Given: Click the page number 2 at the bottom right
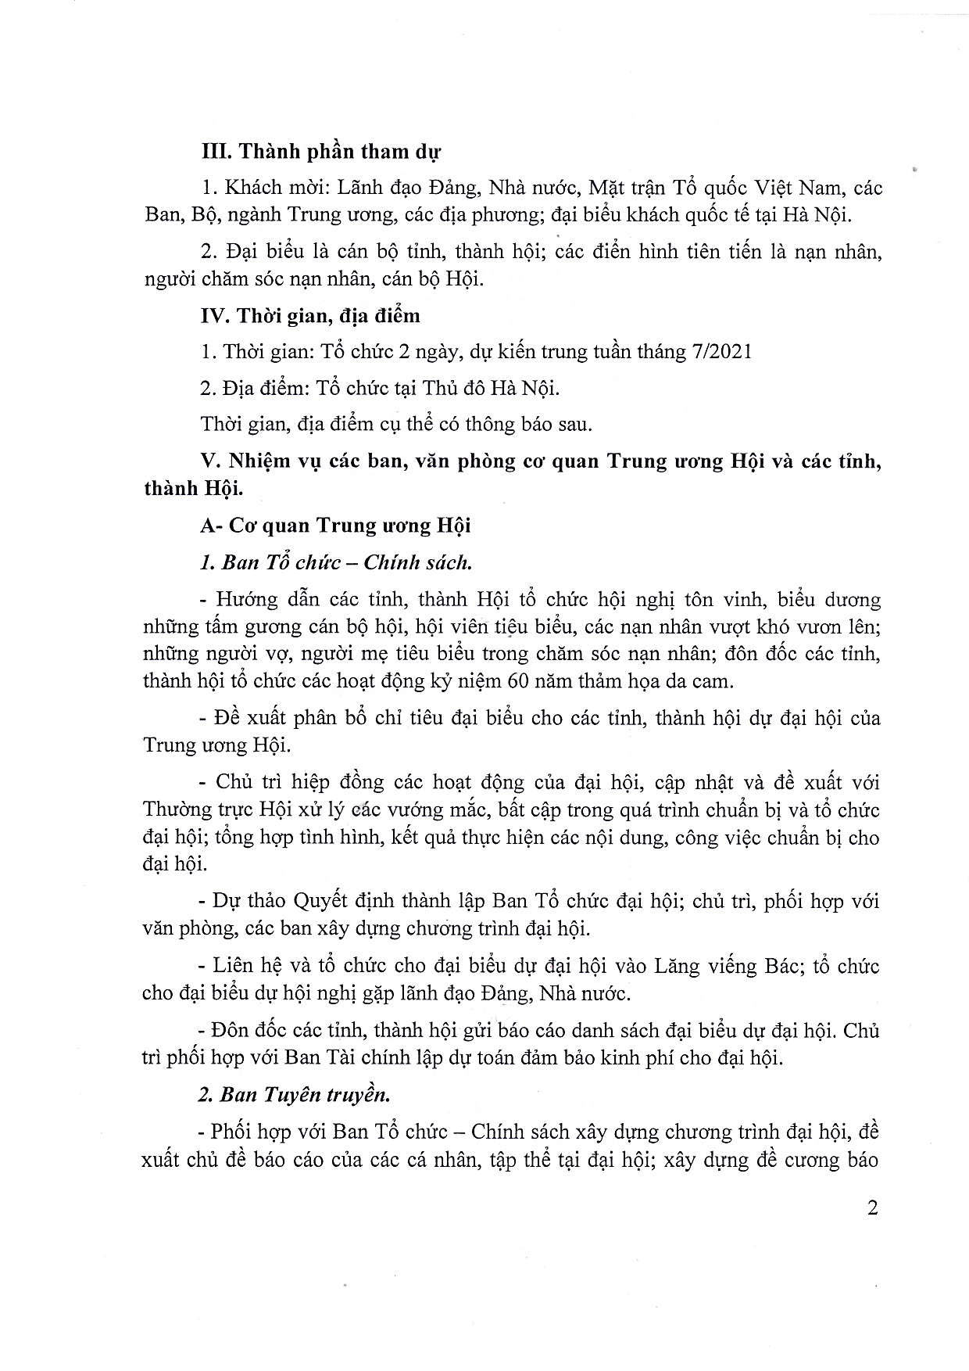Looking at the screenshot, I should coord(873,1208).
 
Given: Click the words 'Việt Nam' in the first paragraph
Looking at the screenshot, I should coord(798,188).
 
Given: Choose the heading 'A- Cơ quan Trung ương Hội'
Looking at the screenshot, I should coord(335,526).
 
